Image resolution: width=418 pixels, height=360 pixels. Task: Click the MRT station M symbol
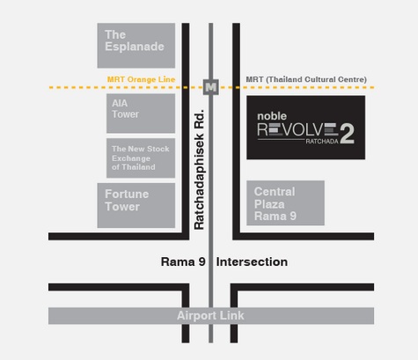pos(211,87)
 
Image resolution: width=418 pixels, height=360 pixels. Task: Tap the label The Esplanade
pos(135,40)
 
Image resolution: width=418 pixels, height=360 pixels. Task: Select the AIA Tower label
pos(125,108)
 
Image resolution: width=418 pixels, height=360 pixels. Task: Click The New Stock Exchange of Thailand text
pos(141,158)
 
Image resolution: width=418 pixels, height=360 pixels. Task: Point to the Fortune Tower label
pos(127,201)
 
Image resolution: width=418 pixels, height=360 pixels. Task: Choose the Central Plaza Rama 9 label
pos(275,204)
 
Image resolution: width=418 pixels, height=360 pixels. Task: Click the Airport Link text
pos(210,316)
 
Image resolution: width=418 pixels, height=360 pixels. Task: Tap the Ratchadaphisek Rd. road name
pos(199,169)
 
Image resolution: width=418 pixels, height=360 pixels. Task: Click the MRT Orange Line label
pos(141,79)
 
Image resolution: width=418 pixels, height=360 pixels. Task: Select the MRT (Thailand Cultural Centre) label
pos(306,79)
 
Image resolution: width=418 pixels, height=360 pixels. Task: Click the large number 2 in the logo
pos(347,134)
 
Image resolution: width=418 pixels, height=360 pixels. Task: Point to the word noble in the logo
pos(272,116)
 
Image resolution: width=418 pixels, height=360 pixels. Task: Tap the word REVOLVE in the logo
pos(297,129)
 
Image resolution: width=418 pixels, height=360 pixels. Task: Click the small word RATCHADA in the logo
pos(322,142)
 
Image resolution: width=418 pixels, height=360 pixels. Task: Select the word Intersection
pos(252,262)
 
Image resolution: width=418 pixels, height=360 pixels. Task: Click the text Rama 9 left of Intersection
pos(183,262)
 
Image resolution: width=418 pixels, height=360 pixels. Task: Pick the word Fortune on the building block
pos(127,195)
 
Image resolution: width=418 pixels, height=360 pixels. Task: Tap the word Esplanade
pos(135,47)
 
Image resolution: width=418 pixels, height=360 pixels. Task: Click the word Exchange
pos(131,158)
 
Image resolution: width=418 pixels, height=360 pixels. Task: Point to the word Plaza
pos(269,204)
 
